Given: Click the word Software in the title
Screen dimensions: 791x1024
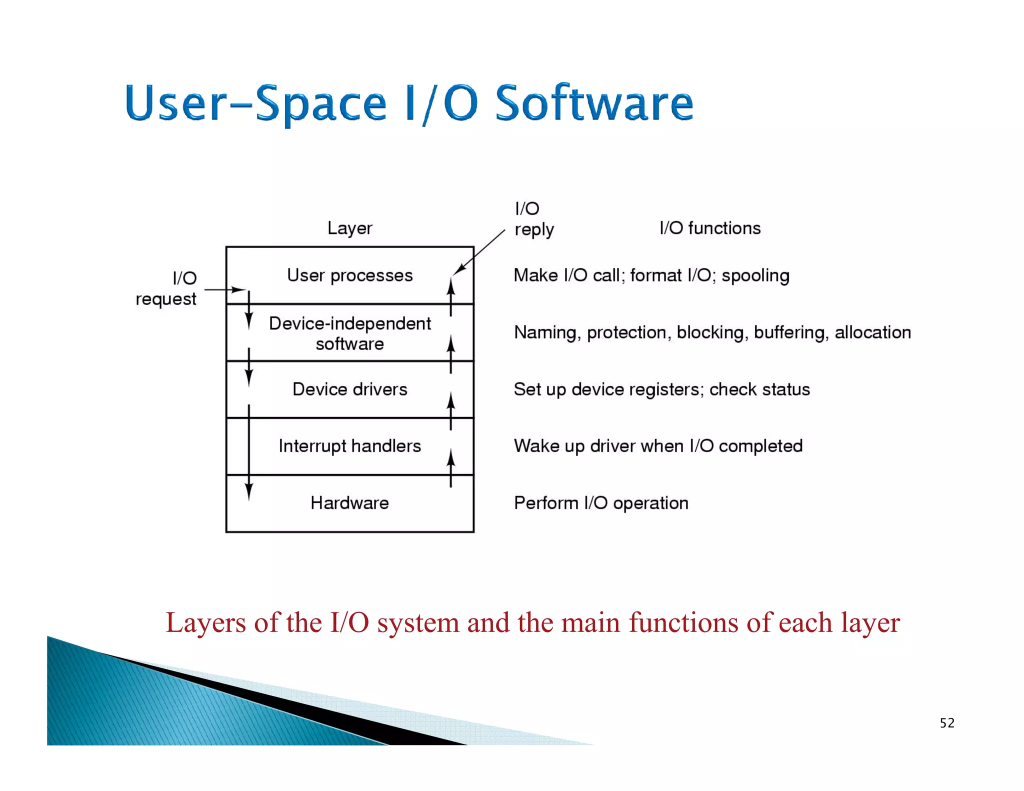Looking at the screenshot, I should point(593,103).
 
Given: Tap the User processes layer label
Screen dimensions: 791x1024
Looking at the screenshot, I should point(349,275).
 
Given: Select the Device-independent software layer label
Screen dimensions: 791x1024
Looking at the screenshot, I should point(349,333).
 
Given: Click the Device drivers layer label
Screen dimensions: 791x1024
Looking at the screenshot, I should point(349,389).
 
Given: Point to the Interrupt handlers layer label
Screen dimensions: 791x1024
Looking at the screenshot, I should point(349,445).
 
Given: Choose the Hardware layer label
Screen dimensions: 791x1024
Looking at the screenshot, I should point(349,502).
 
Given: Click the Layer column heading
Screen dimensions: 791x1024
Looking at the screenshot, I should point(349,228).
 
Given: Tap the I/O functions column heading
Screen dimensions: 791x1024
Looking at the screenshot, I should point(709,228).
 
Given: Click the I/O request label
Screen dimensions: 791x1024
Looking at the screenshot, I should point(166,288).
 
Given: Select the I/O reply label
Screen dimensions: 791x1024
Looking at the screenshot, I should point(533,219).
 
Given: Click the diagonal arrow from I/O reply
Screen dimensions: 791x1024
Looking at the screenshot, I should point(479,252).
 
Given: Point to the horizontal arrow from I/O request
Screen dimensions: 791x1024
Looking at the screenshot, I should point(225,289).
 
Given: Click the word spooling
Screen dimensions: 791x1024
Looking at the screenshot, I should point(755,275).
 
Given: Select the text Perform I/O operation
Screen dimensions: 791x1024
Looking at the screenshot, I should point(601,502).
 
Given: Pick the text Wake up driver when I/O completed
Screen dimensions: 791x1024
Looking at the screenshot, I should point(658,445).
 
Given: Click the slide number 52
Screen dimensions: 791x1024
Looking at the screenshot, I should point(946,723).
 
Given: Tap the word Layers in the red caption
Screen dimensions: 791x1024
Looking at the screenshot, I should point(205,623).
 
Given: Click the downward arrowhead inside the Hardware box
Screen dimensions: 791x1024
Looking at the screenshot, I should point(249,492).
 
